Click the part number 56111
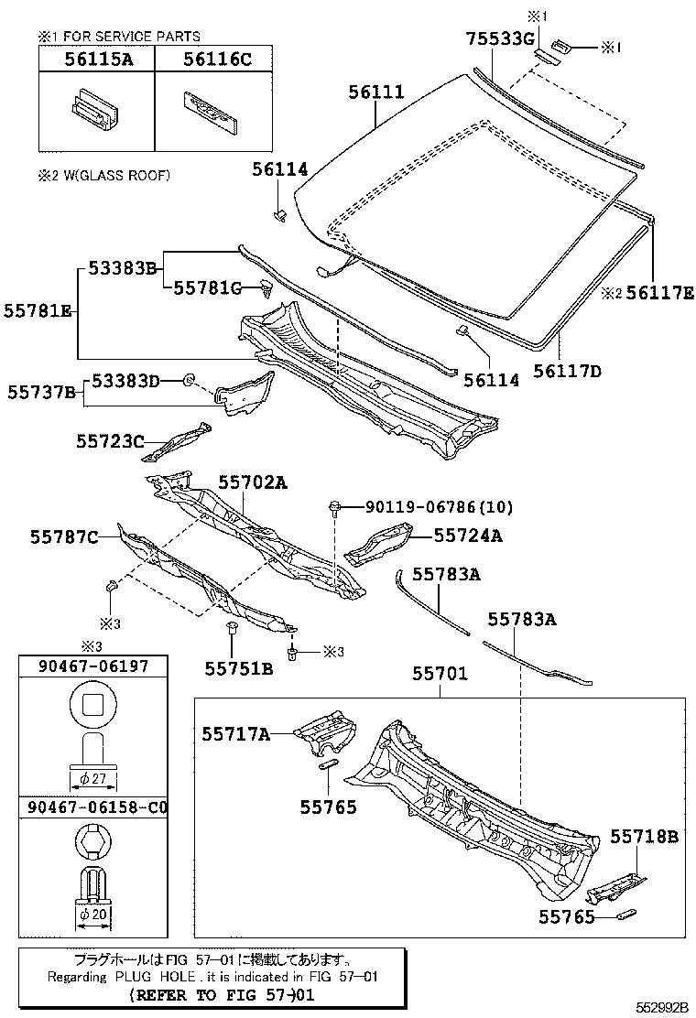click(x=376, y=92)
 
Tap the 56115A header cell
click(x=96, y=60)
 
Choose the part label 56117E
click(x=659, y=294)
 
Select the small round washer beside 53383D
click(x=189, y=379)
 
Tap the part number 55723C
click(x=110, y=441)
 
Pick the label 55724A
click(x=467, y=536)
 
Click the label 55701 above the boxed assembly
click(x=440, y=674)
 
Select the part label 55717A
click(x=236, y=733)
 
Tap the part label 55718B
click(x=645, y=836)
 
